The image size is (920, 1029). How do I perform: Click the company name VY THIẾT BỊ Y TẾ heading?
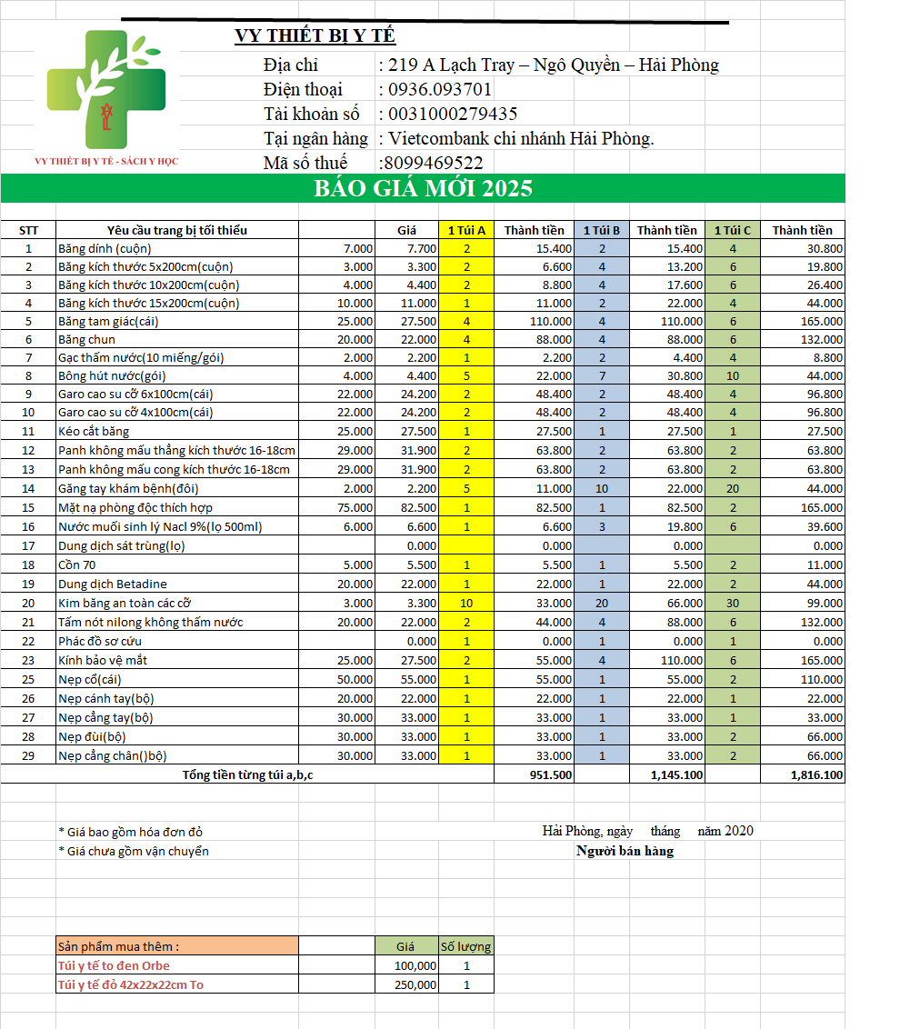pos(315,36)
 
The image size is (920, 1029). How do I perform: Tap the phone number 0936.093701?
pos(440,89)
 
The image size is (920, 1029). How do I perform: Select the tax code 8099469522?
pos(434,163)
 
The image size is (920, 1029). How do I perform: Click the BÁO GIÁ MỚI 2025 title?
pos(423,189)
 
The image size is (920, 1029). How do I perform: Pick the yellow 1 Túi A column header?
pos(466,230)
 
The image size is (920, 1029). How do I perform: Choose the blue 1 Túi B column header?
pos(601,230)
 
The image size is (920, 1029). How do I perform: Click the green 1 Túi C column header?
pos(733,230)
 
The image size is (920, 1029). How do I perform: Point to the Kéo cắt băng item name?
pos(94,431)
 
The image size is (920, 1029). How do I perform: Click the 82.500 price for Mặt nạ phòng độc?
pos(418,507)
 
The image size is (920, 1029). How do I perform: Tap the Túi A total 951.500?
pos(550,775)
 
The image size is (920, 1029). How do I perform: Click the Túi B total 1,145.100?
pos(677,775)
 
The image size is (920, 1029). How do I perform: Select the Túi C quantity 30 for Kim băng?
pos(733,603)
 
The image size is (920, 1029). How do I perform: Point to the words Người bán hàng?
pos(625,851)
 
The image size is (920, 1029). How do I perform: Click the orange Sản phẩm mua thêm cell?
pos(176,946)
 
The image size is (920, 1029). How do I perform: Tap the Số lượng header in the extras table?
pos(465,946)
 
